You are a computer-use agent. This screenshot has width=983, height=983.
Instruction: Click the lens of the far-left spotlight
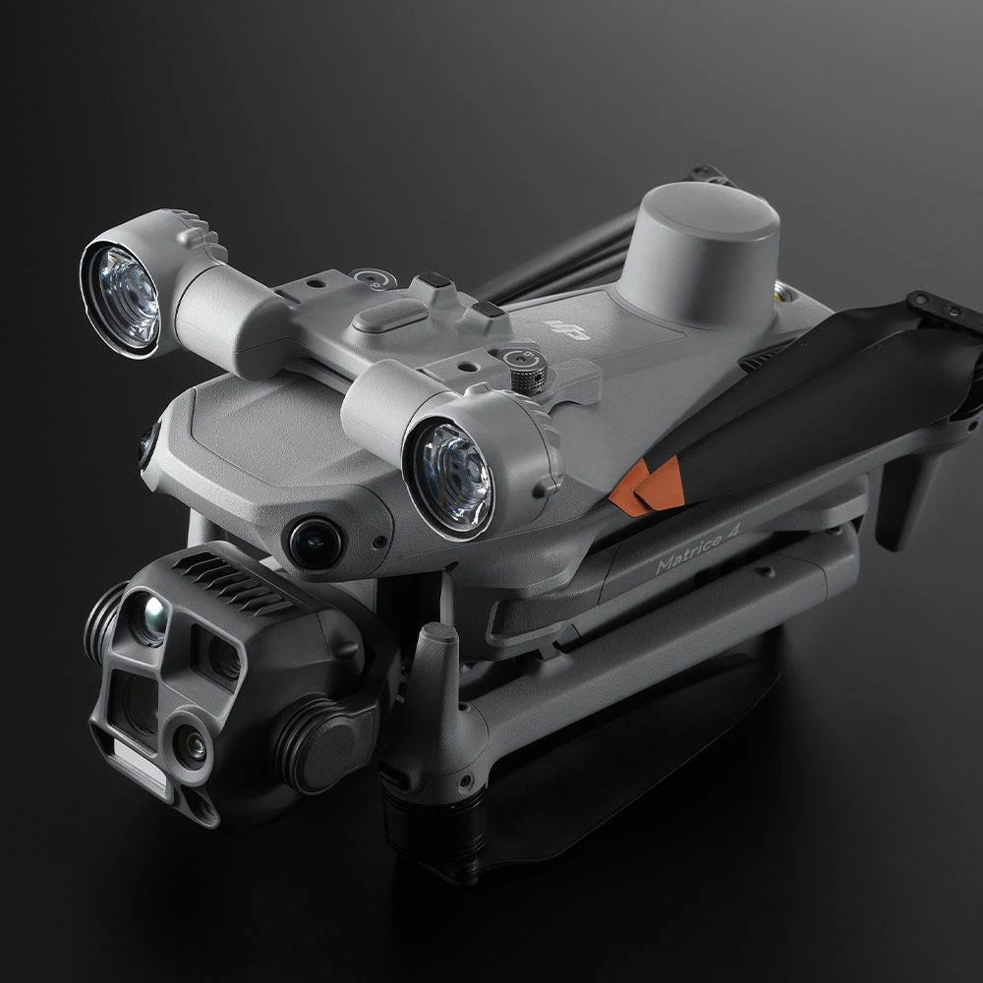[x=120, y=294]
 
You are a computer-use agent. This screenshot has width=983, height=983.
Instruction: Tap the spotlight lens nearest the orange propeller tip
[x=449, y=478]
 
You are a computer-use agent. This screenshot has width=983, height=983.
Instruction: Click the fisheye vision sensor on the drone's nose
[x=316, y=542]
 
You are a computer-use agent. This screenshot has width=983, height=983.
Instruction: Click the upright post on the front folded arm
[x=435, y=668]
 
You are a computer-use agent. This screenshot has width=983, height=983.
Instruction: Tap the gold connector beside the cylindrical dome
[x=784, y=290]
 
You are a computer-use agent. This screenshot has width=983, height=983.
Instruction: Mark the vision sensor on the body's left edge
[x=146, y=447]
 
